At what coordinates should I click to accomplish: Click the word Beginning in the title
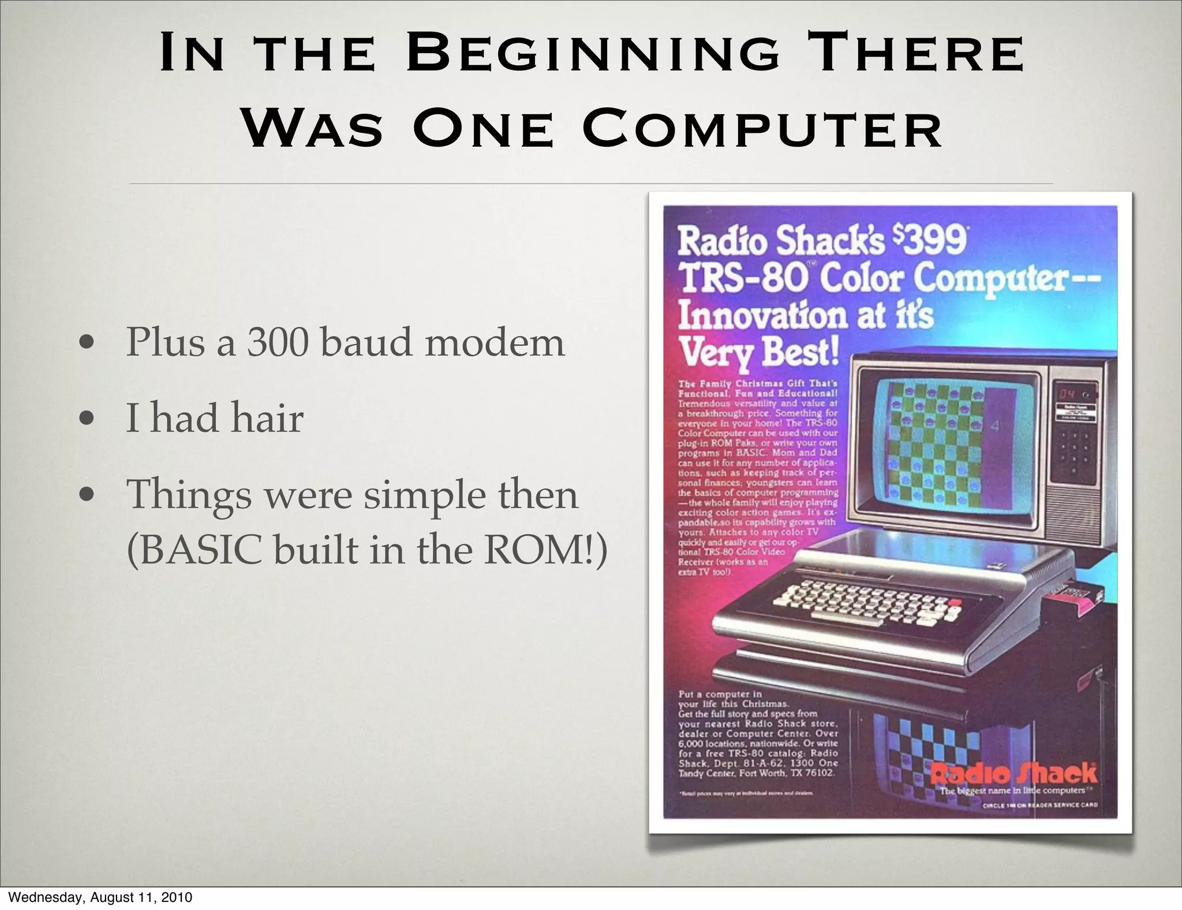[593, 54]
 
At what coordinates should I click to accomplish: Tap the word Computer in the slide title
[763, 128]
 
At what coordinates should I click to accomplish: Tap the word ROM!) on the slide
[545, 550]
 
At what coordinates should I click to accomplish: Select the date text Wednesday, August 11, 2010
[101, 897]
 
